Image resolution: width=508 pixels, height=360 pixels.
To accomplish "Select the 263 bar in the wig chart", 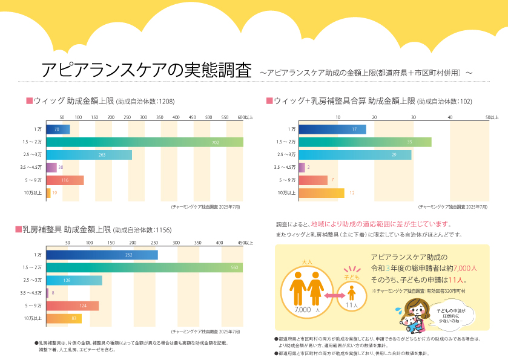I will pyautogui.click(x=88, y=155).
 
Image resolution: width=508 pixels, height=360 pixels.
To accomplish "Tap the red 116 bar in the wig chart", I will pyautogui.click(x=65, y=180).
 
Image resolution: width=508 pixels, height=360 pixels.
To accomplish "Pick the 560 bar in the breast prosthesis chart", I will pyautogui.click(x=144, y=267).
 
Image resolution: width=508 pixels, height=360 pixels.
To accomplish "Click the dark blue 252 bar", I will pyautogui.click(x=102, y=255).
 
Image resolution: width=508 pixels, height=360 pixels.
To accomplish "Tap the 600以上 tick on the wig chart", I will pyautogui.click(x=245, y=117).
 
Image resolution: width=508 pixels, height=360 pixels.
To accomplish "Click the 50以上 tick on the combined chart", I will pyautogui.click(x=492, y=117).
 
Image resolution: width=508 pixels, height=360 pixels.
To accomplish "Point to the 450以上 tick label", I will pyautogui.click(x=245, y=243).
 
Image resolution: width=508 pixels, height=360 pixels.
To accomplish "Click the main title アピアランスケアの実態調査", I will pyautogui.click(x=146, y=70).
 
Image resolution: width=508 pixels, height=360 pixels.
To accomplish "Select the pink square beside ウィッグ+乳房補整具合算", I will pyautogui.click(x=269, y=100).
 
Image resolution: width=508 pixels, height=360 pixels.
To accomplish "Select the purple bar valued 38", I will pyautogui.click(x=51, y=168).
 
